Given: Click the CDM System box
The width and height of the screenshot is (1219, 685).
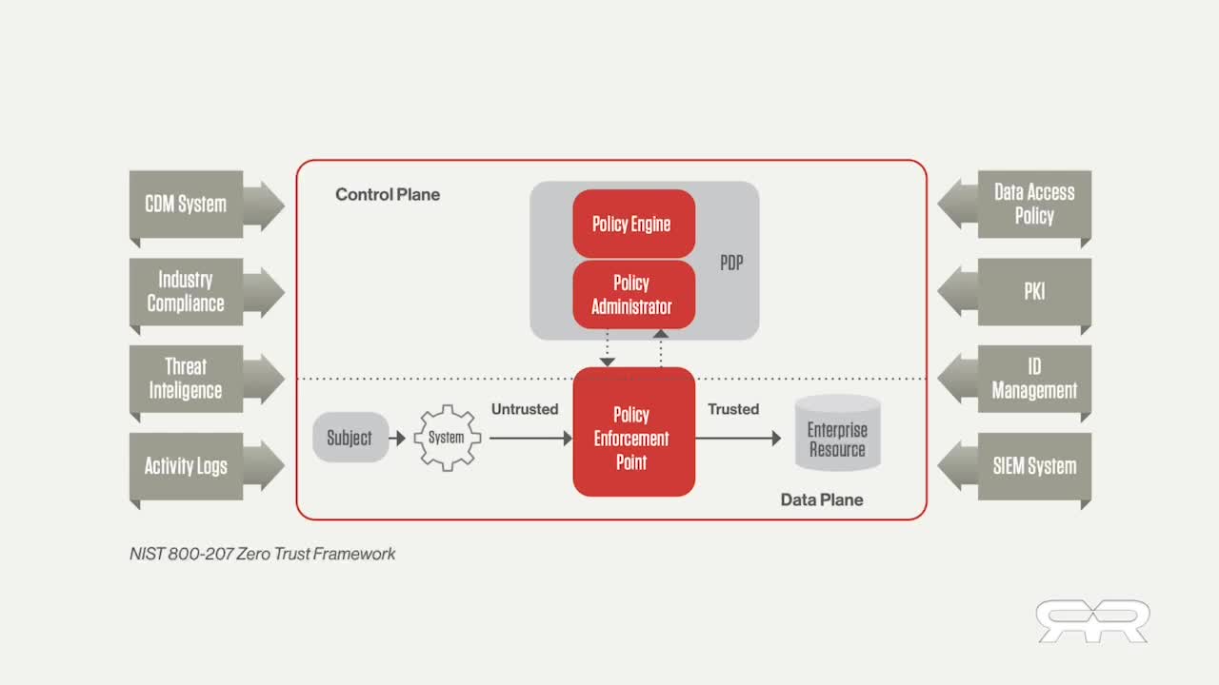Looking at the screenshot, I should click(187, 204).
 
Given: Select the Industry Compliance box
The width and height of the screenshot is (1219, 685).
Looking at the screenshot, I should click(186, 291).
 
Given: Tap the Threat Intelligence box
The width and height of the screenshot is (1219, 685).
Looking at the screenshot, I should click(186, 379).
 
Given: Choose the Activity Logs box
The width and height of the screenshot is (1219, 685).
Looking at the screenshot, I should click(186, 466).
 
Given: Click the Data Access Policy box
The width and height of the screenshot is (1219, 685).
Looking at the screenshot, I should click(1034, 204).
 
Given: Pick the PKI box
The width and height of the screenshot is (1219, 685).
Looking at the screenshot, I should click(1034, 291).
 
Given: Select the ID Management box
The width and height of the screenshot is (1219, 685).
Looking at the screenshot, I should click(1034, 379).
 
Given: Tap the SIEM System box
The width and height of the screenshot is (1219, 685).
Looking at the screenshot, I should click(1034, 466).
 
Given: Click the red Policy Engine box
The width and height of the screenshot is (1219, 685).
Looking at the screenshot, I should click(632, 224).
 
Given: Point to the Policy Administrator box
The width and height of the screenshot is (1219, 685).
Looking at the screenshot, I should click(632, 295).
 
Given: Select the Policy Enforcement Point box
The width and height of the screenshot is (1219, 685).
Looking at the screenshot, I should click(632, 438).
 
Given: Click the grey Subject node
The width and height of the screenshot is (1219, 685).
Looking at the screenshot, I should click(350, 438).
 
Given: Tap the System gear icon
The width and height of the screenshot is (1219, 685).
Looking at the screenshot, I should click(447, 438).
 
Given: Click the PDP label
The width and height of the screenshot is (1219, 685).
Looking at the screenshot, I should click(731, 264).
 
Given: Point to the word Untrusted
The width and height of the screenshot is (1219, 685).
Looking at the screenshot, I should click(525, 409).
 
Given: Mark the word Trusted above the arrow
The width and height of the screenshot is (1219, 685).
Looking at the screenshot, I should click(733, 409).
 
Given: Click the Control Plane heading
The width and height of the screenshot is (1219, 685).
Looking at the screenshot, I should click(388, 194).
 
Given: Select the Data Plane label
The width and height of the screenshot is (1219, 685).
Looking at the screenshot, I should click(822, 499).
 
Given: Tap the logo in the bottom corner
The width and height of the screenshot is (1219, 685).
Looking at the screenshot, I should click(1092, 620).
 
